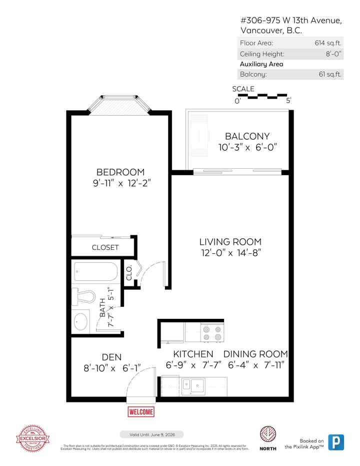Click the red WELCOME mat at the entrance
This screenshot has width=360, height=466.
pyautogui.click(x=141, y=411)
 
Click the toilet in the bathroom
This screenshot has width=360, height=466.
pyautogui.click(x=84, y=295)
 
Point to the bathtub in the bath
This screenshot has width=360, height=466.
pyautogui.click(x=95, y=272)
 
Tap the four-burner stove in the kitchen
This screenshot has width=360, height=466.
pyautogui.click(x=211, y=333)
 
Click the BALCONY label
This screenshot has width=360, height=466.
pyautogui.click(x=247, y=136)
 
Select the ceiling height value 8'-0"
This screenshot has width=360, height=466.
pyautogui.click(x=333, y=54)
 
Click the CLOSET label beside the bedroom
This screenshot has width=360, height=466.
pyautogui.click(x=105, y=247)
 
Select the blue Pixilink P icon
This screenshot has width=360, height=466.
pyautogui.click(x=336, y=442)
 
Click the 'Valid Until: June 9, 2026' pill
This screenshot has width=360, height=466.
pyautogui.click(x=151, y=434)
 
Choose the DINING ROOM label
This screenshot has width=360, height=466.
pyautogui.click(x=255, y=354)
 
